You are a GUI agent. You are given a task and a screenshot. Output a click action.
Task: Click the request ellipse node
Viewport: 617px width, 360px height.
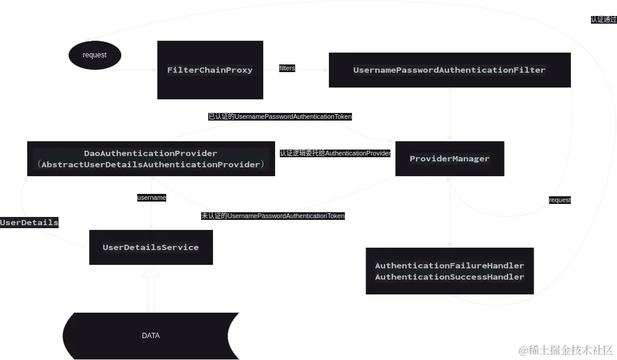[95, 55]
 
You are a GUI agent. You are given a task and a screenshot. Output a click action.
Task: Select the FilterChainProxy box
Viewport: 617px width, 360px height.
[210, 70]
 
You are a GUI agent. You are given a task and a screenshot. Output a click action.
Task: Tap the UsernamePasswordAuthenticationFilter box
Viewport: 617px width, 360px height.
[449, 70]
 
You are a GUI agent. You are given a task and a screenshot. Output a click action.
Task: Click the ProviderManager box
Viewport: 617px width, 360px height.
[450, 158]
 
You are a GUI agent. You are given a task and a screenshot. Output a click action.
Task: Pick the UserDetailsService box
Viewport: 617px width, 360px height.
[151, 247]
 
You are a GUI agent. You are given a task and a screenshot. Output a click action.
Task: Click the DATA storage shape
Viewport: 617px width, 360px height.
[151, 336]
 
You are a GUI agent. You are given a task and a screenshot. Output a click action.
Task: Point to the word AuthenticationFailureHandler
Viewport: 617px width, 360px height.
[450, 266]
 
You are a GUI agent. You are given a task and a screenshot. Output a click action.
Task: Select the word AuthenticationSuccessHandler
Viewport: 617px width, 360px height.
[450, 277]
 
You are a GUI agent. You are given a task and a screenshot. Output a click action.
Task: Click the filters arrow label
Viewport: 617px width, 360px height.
[287, 69]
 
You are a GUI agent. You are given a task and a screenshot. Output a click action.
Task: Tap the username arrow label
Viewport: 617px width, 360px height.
[151, 197]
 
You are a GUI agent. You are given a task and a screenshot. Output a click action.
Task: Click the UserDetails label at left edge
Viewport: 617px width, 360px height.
[29, 223]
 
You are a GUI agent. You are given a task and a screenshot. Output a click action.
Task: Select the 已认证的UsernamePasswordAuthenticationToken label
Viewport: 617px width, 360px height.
[280, 116]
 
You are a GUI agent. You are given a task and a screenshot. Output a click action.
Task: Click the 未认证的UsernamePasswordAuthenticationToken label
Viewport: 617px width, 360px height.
[273, 216]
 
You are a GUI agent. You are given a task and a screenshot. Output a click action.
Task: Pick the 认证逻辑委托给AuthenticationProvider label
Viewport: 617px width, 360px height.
[335, 153]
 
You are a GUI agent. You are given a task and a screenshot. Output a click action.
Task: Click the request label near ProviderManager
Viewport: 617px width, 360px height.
[560, 200]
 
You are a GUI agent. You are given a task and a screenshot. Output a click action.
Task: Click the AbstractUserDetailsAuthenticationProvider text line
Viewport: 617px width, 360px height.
[151, 164]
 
